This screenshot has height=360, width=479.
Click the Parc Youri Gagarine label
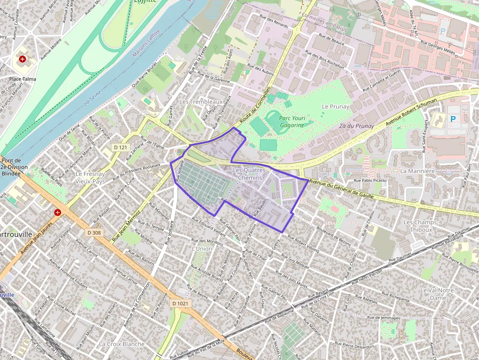coord(291,121)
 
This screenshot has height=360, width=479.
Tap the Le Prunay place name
coord(335,106)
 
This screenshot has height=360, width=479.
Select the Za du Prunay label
coord(356,126)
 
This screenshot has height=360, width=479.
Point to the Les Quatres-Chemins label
coord(250,174)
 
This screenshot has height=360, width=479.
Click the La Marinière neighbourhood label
coord(417,171)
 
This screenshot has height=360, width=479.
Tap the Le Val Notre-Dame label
coord(438,294)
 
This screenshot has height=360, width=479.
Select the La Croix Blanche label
coord(122,344)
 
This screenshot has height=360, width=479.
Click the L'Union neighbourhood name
coord(202,249)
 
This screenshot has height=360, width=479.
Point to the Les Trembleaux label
coord(201,102)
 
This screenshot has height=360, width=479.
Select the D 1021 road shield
coord(180,303)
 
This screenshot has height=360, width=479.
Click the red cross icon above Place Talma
coord(22,60)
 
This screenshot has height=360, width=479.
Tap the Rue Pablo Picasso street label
coord(370,180)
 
